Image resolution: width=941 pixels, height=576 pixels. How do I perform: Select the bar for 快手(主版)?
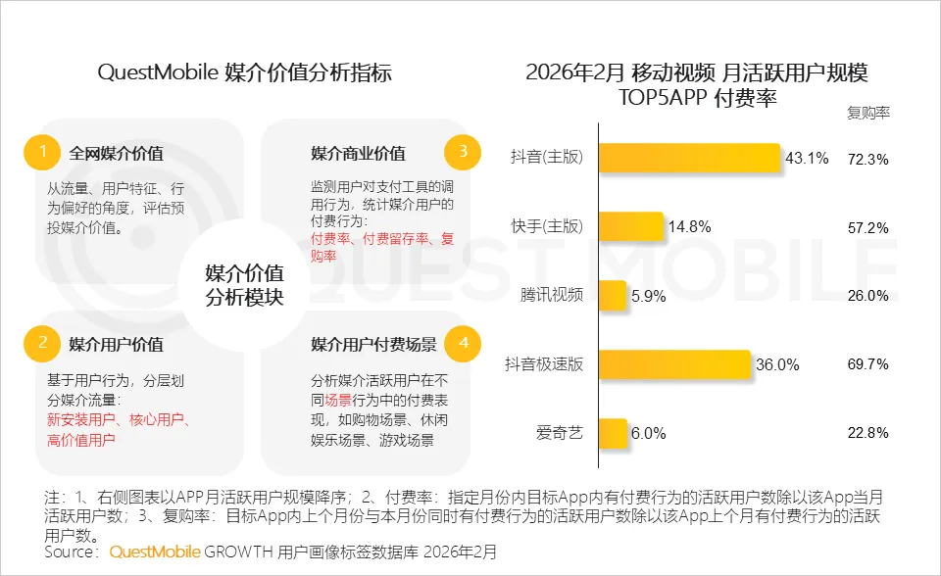coord(630,227)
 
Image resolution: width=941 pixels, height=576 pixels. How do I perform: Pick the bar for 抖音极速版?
coord(674,364)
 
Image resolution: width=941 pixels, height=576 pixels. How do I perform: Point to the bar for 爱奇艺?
coord(612,432)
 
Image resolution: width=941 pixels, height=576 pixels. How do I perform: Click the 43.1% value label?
coord(807,159)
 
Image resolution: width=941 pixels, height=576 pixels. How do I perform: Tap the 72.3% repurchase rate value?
coord(867,159)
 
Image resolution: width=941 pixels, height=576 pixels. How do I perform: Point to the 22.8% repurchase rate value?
coord(867,432)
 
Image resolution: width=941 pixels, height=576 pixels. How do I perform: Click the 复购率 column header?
coord(867,112)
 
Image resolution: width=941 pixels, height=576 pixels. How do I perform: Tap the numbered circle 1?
coord(42,152)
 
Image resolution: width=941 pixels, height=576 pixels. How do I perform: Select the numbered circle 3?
coord(462,152)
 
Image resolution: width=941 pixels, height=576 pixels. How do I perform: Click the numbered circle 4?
coord(462,344)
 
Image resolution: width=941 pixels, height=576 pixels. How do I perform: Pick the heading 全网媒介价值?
coord(116,154)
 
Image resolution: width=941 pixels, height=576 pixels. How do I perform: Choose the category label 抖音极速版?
coord(544,364)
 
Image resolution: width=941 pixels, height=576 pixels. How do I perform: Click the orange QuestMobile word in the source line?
coord(155,552)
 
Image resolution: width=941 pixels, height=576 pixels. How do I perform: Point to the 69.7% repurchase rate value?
coord(867,364)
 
